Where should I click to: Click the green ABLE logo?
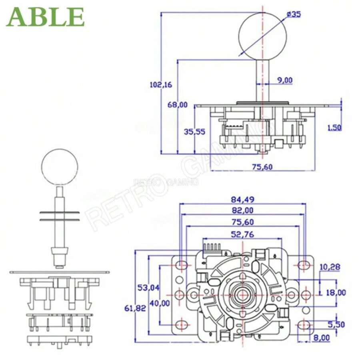[x=45, y=17]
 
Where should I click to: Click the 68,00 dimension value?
[x=177, y=105]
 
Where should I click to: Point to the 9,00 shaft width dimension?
[x=284, y=80]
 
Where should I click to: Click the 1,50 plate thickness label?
[x=334, y=128]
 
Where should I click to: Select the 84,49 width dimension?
[x=242, y=199]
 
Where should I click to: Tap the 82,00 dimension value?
[x=242, y=210]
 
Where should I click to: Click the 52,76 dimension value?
[x=242, y=234]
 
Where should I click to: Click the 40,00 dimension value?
[x=160, y=303]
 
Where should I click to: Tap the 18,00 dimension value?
[x=336, y=292]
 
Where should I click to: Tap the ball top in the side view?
[x=262, y=34]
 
